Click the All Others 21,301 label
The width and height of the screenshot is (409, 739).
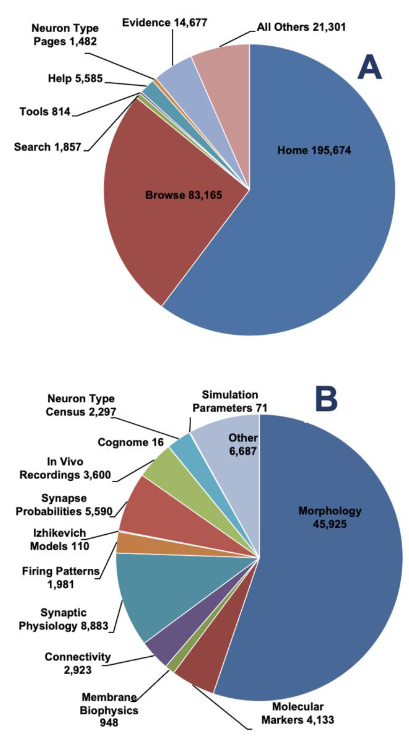click(301, 27)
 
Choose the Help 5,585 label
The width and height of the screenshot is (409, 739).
click(75, 78)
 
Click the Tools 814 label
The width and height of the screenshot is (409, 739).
click(45, 112)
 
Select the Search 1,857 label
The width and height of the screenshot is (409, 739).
click(48, 147)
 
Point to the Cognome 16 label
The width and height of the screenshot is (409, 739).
click(130, 442)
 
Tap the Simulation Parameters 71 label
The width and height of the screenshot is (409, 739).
click(230, 401)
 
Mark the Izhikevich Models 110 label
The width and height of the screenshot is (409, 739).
click(60, 539)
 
